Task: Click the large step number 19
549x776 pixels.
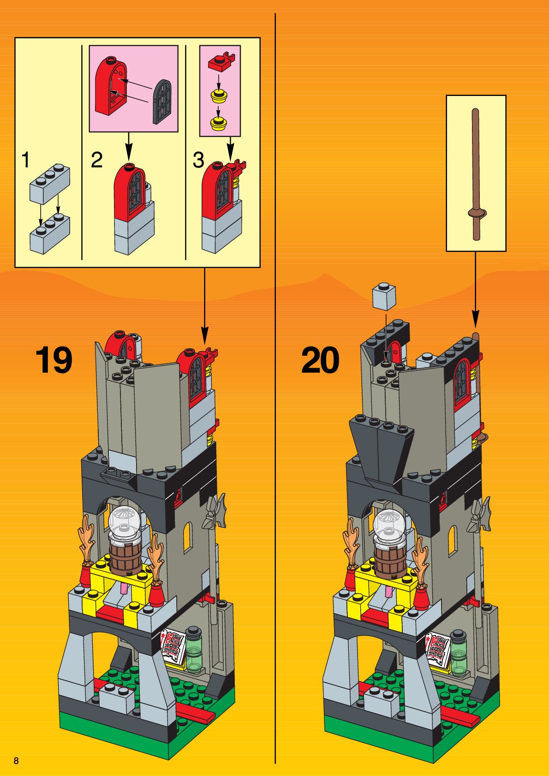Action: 54,360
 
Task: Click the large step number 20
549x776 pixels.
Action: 320,360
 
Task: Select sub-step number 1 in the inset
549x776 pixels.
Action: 26,160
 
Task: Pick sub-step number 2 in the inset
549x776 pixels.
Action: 96,160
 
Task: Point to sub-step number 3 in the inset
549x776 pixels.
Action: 198,160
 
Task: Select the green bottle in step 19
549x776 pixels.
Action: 194,648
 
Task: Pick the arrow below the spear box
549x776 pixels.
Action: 476,291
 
